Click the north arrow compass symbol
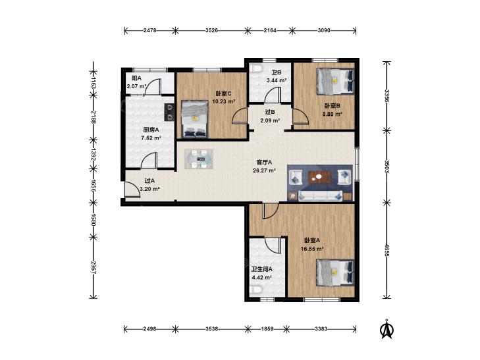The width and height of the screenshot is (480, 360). click(387, 329)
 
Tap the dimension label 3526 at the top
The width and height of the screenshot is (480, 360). click(211, 30)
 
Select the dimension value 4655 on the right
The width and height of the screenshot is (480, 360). click(387, 250)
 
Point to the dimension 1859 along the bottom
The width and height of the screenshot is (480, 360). click(267, 329)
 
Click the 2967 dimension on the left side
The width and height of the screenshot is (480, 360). click(93, 267)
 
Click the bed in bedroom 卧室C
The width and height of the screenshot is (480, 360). click(194, 118)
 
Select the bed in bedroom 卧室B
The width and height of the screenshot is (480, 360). click(335, 81)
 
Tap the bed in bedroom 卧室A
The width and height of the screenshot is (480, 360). click(335, 272)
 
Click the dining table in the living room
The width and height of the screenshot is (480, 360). click(199, 159)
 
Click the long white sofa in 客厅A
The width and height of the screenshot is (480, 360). click(320, 195)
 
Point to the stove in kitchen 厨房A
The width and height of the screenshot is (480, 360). click(169, 112)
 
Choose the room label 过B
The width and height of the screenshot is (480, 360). click(270, 113)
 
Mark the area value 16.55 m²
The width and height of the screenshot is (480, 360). click(312, 249)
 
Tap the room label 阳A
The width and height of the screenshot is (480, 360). click(136, 78)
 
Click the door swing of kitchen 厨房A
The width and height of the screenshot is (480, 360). click(149, 160)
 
